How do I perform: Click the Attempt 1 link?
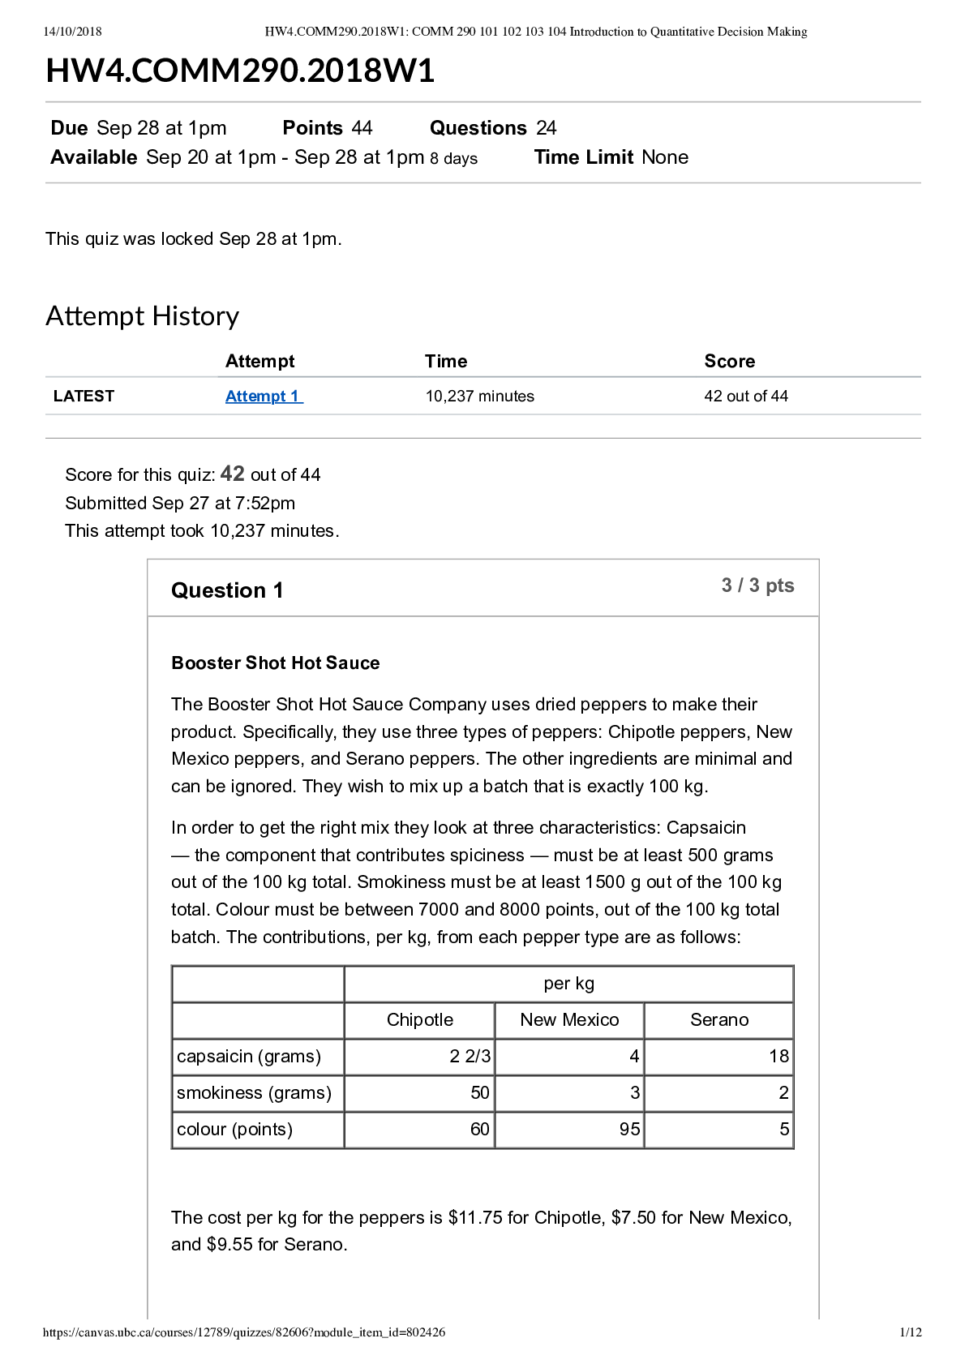click(x=264, y=397)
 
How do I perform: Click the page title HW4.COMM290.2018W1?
click(x=240, y=71)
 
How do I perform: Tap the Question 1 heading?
click(x=227, y=590)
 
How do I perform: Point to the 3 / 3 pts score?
click(x=757, y=585)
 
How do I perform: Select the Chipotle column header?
click(x=419, y=1020)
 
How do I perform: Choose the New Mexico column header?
click(x=569, y=1020)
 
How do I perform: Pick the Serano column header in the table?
click(x=719, y=1020)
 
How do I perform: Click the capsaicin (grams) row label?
click(x=249, y=1057)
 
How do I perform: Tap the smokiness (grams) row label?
click(x=254, y=1093)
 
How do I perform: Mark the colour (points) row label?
click(x=234, y=1130)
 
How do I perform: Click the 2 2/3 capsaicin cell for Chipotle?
click(x=470, y=1057)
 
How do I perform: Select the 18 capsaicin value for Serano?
click(x=778, y=1057)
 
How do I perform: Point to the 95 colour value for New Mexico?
click(x=629, y=1130)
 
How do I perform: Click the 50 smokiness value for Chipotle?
click(x=480, y=1093)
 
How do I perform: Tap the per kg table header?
click(x=568, y=984)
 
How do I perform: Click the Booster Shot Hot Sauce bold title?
click(x=276, y=663)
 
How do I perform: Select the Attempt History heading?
click(x=143, y=316)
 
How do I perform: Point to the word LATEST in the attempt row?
click(x=84, y=397)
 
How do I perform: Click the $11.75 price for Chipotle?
click(x=475, y=1218)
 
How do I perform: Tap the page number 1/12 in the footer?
click(x=911, y=1332)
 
